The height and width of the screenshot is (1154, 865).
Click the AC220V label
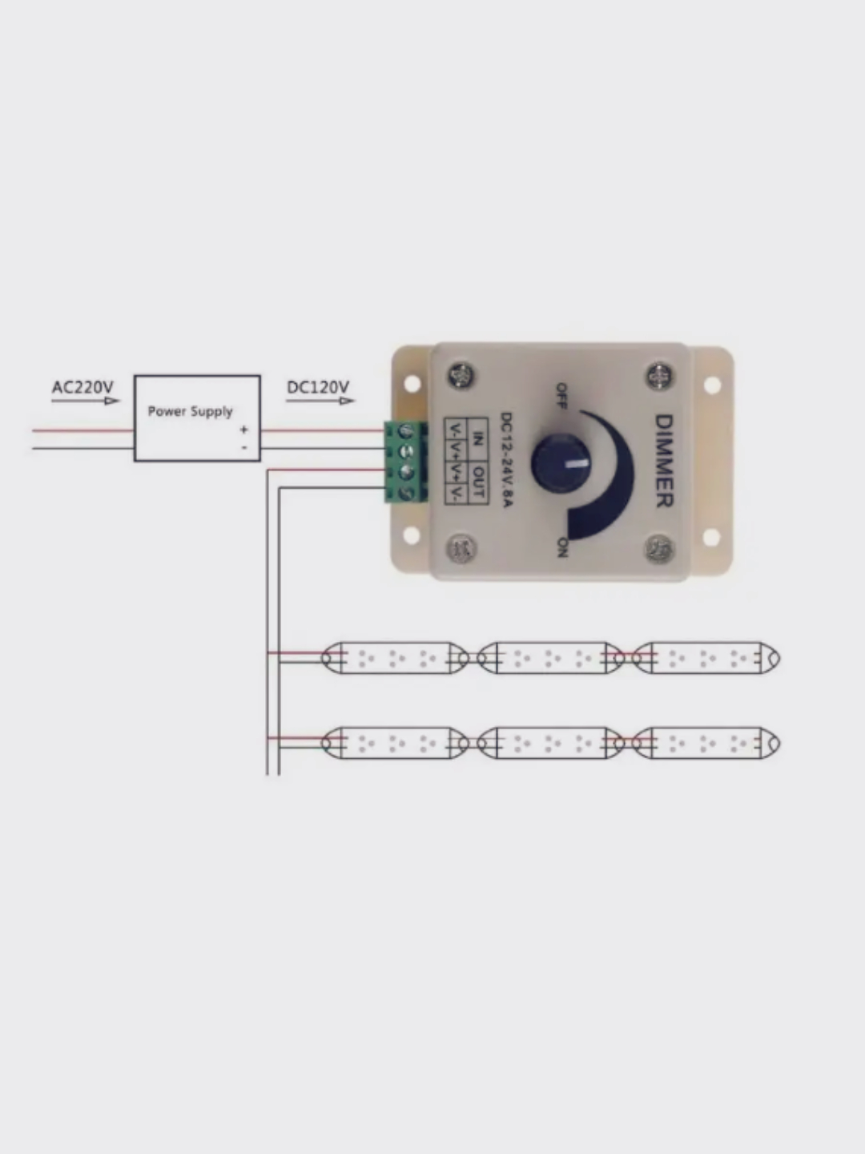click(x=82, y=388)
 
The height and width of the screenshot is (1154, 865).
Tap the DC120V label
click(x=318, y=388)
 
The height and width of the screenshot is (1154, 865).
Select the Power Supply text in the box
click(x=190, y=411)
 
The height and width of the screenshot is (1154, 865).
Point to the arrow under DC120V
click(x=320, y=401)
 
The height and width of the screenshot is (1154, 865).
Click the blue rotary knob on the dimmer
click(x=561, y=463)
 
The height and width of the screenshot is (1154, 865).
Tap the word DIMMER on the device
click(x=664, y=461)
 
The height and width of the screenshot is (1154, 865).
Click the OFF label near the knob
click(x=561, y=395)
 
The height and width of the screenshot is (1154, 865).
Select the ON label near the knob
click(x=562, y=547)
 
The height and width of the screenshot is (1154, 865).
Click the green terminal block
click(x=406, y=462)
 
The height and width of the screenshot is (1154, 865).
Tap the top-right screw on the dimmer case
click(x=658, y=373)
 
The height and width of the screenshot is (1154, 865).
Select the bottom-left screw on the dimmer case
click(x=461, y=549)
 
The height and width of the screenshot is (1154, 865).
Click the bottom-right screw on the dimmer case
click(x=659, y=549)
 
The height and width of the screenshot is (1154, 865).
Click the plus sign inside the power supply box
click(x=243, y=430)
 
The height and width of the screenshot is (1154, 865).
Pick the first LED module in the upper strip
click(x=395, y=658)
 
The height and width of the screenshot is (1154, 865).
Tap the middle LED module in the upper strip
click(x=551, y=658)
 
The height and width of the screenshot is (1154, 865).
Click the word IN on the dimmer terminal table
click(x=478, y=438)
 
